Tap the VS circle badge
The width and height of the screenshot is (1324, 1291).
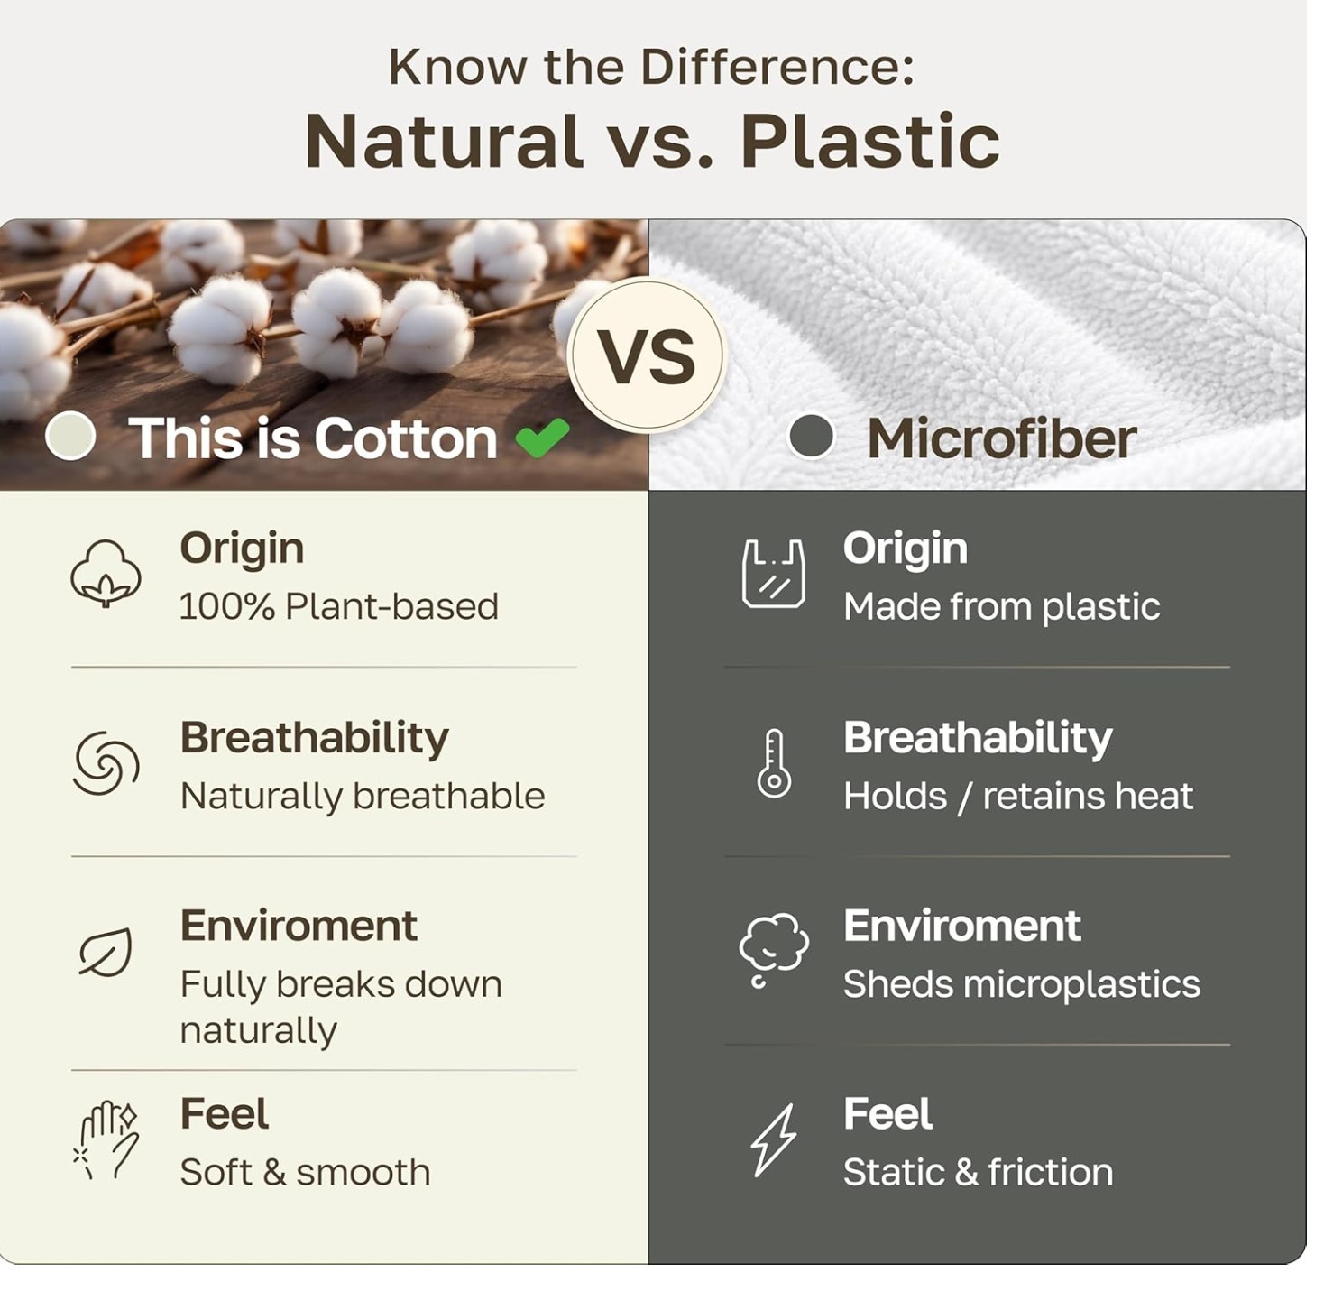[647, 355]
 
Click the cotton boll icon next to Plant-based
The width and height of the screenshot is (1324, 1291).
[106, 573]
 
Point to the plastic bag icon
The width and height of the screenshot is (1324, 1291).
[773, 573]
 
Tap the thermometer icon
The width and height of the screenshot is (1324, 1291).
[774, 763]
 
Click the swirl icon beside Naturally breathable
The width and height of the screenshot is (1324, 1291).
[106, 763]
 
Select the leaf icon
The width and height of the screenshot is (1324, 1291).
[106, 952]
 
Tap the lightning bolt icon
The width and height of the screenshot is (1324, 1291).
[773, 1140]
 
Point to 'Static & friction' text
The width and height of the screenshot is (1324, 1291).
[978, 1172]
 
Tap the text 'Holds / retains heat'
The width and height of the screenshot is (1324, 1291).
[1018, 797]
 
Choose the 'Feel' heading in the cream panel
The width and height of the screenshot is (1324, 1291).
[224, 1114]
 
